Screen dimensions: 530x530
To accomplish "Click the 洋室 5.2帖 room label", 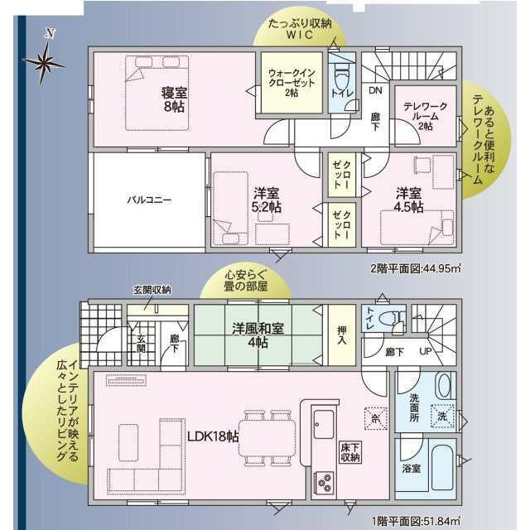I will [267, 200].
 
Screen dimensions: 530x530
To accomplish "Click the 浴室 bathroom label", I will [411, 469].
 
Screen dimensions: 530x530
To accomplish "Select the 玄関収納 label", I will [152, 290].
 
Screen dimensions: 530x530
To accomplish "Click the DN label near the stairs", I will [374, 90].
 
